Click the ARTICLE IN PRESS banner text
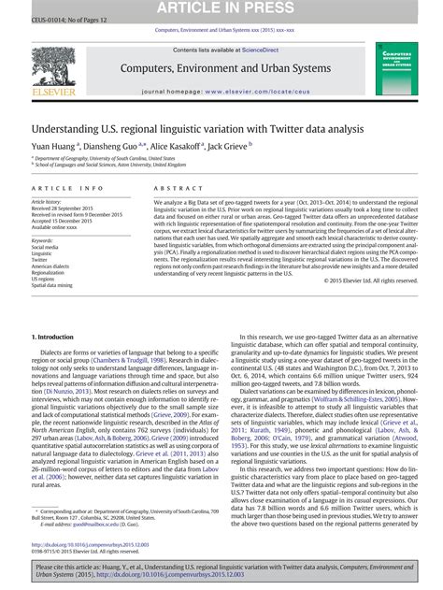coord(221,9)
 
